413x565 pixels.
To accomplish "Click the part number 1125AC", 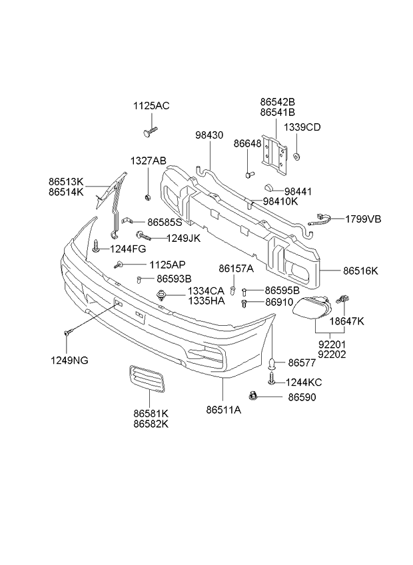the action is (x=151, y=106).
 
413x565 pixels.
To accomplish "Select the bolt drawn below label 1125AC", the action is (x=151, y=131).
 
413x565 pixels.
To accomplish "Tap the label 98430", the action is (x=209, y=135).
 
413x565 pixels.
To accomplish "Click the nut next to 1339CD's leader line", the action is (x=297, y=157).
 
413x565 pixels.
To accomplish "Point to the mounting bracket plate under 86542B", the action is (x=274, y=155).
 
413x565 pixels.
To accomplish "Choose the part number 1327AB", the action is (x=149, y=161).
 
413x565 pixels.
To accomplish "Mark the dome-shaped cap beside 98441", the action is (x=269, y=188).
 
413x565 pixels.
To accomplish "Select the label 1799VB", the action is (x=363, y=219).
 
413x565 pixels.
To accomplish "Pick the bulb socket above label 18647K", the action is (x=343, y=298).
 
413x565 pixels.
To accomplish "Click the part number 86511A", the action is (x=224, y=410).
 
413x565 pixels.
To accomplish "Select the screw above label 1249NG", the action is (x=68, y=332).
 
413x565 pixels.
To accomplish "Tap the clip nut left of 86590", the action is (x=252, y=396).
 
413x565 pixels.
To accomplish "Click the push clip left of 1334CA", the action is (x=161, y=295).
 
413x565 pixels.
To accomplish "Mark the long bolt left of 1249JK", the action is (x=143, y=237).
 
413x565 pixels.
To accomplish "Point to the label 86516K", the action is (x=360, y=271).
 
